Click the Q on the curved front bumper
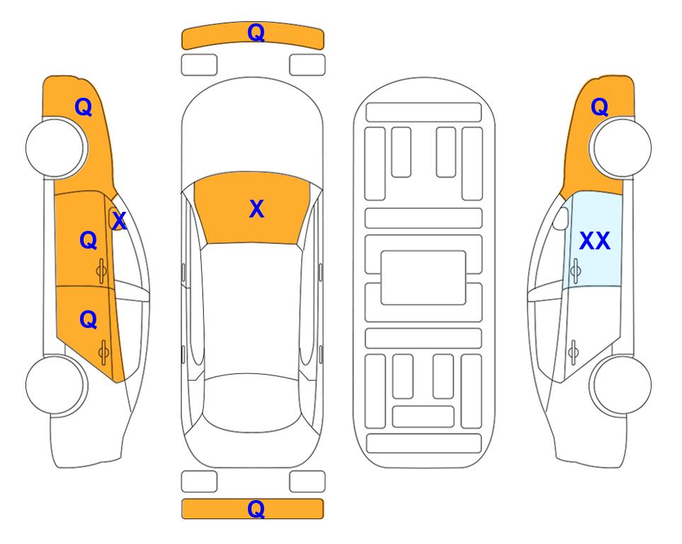(256, 33)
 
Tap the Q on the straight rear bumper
(256, 509)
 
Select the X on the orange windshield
(256, 209)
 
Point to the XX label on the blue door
(595, 241)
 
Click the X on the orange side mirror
(119, 221)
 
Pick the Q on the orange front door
(89, 240)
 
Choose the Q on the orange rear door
(89, 320)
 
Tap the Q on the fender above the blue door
(599, 107)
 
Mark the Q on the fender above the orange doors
(84, 107)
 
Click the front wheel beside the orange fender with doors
(55, 148)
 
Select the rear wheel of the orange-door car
(55, 385)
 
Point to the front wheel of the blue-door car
(622, 148)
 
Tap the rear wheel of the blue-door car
(622, 385)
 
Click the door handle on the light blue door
(575, 271)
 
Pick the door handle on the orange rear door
(103, 352)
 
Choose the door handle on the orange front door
(101, 271)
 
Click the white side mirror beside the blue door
(561, 218)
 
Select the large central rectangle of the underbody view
(424, 278)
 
